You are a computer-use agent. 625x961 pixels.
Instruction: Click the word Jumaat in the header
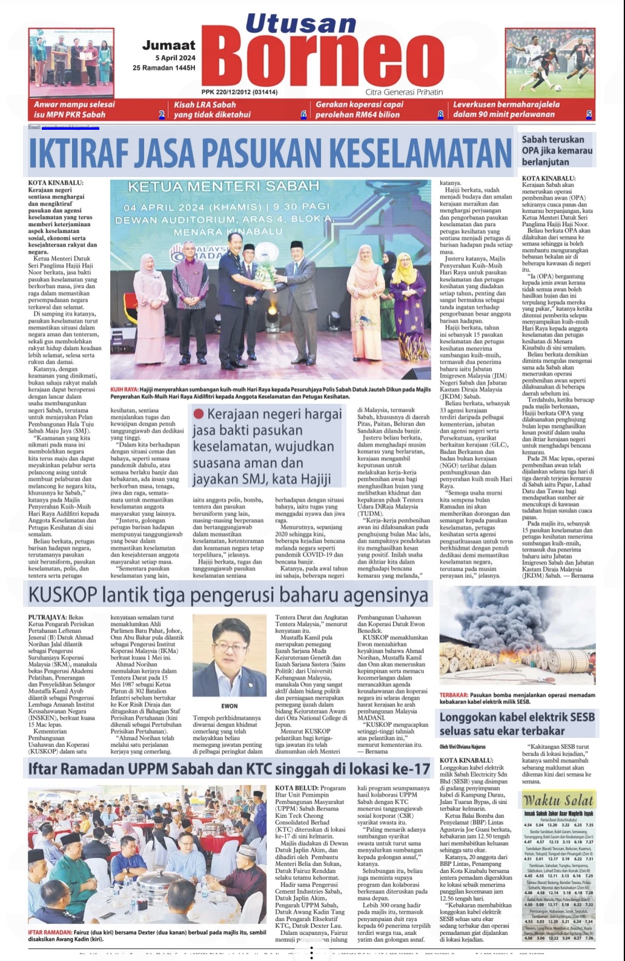(169, 45)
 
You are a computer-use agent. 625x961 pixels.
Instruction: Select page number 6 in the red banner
(303, 114)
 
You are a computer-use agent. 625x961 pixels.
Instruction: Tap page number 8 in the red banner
(440, 114)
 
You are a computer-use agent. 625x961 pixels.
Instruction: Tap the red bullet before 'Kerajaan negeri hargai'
(198, 414)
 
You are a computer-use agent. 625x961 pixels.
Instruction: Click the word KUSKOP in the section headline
(63, 595)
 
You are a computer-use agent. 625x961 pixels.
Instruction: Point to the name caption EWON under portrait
(229, 706)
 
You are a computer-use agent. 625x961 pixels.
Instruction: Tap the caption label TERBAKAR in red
(453, 695)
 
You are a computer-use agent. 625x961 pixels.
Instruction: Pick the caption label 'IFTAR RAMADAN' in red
(50, 933)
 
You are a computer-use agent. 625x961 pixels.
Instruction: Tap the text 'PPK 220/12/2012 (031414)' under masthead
(239, 92)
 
